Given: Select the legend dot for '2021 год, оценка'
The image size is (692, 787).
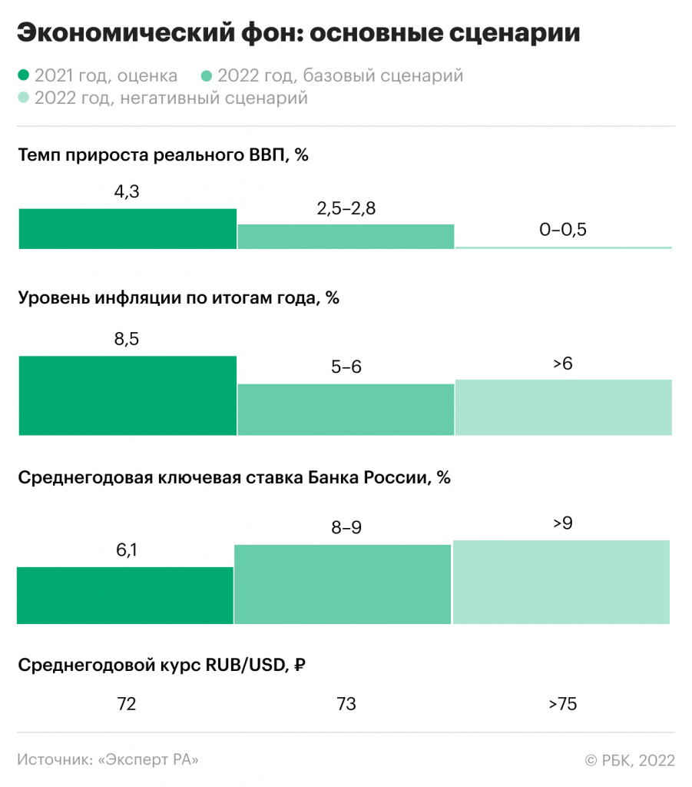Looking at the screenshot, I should click(x=24, y=75).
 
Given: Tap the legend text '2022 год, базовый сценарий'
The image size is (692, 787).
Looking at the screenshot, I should click(x=340, y=75).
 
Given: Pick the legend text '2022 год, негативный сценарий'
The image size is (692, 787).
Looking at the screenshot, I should click(x=171, y=98).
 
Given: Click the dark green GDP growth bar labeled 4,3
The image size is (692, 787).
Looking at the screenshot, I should click(x=127, y=228).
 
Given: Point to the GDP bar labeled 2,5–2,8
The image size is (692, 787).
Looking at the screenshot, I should click(x=346, y=237).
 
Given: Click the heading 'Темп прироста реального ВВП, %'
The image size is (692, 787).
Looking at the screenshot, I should click(x=163, y=154).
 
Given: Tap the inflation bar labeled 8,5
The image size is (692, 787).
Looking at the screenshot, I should click(x=127, y=395).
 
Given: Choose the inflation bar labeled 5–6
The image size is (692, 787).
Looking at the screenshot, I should click(x=346, y=409).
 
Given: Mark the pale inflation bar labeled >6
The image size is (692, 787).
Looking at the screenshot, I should click(x=563, y=407).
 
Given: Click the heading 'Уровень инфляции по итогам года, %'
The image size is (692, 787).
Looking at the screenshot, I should click(x=178, y=297).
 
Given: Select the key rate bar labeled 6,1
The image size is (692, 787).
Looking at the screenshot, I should click(x=125, y=595).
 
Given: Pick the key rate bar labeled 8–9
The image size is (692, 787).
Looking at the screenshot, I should click(x=343, y=584).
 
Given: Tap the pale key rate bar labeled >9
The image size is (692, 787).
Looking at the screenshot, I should click(x=561, y=582).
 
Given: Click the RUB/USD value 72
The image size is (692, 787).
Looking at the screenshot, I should click(x=127, y=703).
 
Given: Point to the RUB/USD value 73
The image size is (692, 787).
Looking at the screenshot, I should click(x=346, y=703).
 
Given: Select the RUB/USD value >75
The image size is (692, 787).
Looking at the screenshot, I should click(x=562, y=703).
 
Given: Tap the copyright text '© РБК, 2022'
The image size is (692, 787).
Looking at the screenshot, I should click(x=630, y=759).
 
